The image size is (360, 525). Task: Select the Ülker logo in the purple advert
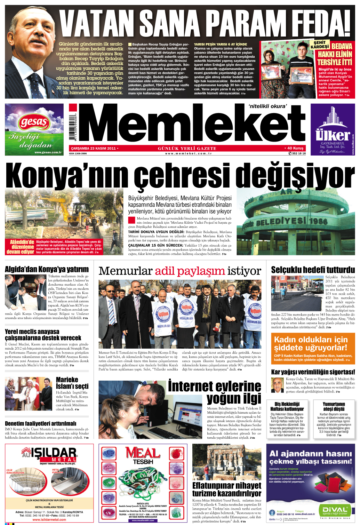(333, 134)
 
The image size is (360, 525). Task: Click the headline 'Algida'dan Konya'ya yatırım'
(47, 269)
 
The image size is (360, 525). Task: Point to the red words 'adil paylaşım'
(190, 271)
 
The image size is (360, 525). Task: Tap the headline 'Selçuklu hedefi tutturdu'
(313, 270)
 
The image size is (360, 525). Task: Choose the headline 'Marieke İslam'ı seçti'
(72, 383)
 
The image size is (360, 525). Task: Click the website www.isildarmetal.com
(49, 520)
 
